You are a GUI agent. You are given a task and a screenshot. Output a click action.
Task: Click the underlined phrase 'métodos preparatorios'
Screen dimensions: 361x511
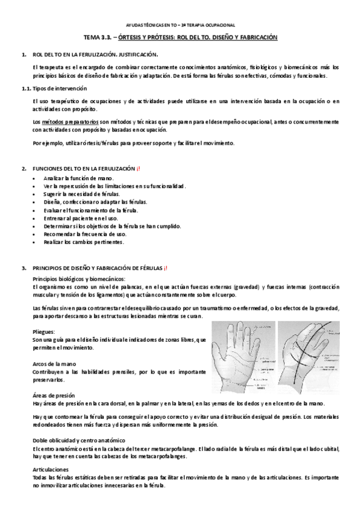(72, 122)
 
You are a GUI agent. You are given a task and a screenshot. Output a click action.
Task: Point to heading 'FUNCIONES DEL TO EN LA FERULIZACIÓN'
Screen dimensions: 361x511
(84, 168)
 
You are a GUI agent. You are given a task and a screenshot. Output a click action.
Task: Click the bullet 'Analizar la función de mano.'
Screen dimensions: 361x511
(79, 178)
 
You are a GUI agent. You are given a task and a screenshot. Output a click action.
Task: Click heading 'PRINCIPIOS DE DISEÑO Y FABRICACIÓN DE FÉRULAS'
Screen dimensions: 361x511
(96, 268)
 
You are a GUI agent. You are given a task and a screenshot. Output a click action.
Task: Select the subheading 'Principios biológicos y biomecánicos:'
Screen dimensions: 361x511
(79, 278)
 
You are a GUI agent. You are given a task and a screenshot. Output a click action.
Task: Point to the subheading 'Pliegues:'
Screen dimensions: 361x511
(45, 331)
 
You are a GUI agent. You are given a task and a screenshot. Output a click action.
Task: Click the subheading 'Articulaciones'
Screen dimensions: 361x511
(51, 469)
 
